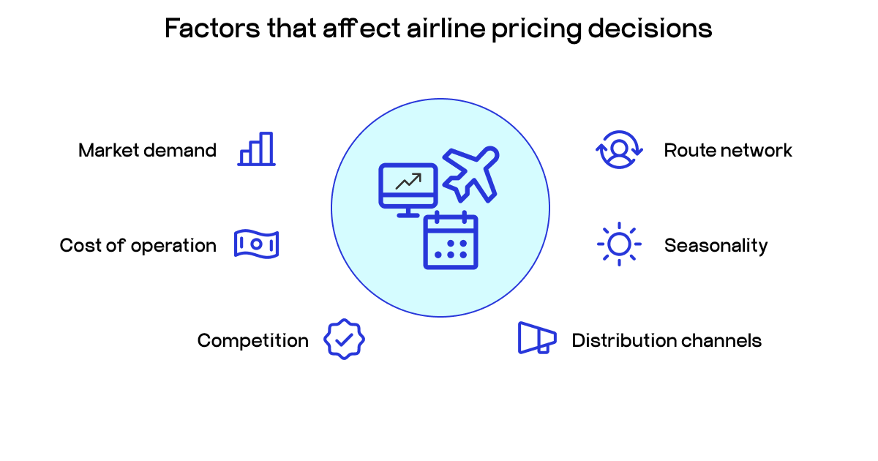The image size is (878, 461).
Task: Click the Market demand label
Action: tap(147, 151)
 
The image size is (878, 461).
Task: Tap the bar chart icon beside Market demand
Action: tap(257, 149)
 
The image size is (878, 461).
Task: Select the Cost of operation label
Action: tap(138, 245)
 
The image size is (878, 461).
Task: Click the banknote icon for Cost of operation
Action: tap(256, 244)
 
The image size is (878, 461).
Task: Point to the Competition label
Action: tap(252, 340)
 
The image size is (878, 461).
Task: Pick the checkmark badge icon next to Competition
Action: tap(344, 339)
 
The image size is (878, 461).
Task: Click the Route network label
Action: tap(728, 151)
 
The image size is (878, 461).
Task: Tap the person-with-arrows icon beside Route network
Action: tap(619, 150)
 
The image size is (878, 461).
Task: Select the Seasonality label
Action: tap(716, 245)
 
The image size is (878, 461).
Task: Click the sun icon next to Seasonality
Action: tap(619, 244)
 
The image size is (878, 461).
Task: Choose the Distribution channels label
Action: tap(667, 340)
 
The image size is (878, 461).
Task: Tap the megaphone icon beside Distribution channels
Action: tap(537, 338)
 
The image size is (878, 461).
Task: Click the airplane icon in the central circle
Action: tap(471, 174)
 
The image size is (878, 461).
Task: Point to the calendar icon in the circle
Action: tap(451, 241)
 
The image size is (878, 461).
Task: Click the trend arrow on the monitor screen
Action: tap(408, 181)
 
